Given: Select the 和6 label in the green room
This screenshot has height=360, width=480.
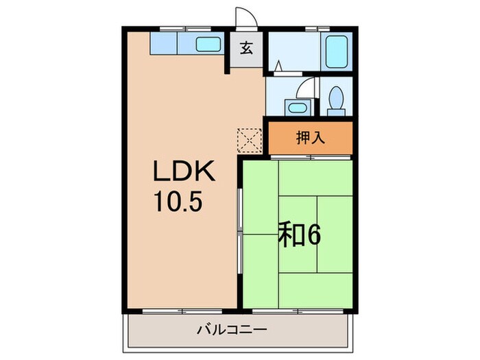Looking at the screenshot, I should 299,235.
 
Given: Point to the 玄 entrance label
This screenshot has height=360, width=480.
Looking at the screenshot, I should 245,49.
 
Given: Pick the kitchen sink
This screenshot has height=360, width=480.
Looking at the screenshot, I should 207,45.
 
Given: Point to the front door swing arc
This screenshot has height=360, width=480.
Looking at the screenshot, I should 245,18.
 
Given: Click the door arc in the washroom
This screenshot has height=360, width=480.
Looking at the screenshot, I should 308,87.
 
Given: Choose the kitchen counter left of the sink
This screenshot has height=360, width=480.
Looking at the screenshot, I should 165,45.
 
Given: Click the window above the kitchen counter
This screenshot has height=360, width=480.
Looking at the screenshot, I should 185,29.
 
